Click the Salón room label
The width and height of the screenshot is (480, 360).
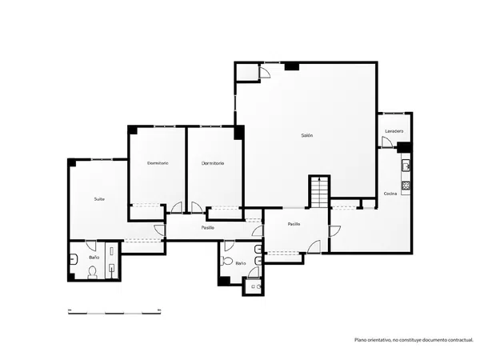[x=307, y=135]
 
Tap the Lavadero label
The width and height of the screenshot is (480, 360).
[x=394, y=131]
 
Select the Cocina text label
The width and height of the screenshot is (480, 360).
[x=390, y=194]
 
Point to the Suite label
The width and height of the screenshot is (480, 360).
[x=99, y=199]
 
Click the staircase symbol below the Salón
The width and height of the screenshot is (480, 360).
[x=319, y=192]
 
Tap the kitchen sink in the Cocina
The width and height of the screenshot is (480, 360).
[x=406, y=166]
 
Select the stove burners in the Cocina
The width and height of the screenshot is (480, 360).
[x=406, y=186]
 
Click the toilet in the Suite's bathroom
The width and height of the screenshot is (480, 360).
[x=93, y=273]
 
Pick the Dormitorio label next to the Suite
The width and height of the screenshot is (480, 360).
[x=158, y=163]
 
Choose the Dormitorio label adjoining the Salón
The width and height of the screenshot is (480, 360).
[x=213, y=163]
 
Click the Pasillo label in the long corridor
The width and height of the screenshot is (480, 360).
[x=208, y=228]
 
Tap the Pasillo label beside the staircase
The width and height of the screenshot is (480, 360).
[x=294, y=224]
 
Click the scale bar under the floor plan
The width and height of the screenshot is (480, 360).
[x=114, y=312]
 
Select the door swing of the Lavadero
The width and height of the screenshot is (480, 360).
[x=387, y=142]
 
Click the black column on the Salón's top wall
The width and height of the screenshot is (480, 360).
[x=292, y=66]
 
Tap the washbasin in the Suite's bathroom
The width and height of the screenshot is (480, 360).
[x=74, y=259]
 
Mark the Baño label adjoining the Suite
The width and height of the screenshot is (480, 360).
[x=94, y=258]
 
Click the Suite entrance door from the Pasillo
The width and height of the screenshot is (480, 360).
[x=160, y=230]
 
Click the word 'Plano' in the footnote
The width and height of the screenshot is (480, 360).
[x=360, y=340]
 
